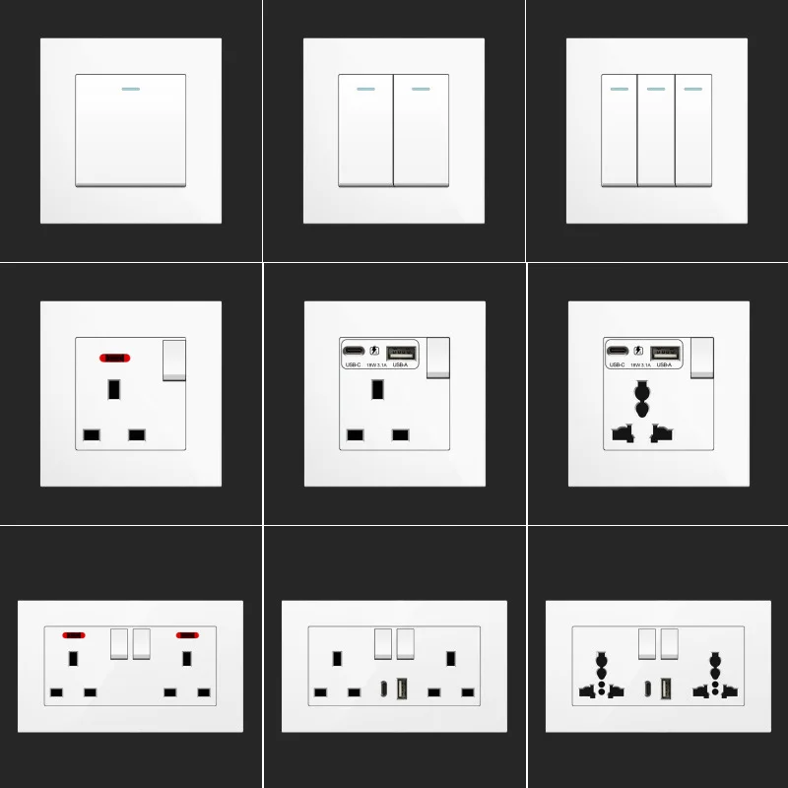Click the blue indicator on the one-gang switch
click(130, 88)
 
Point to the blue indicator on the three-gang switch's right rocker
click(692, 89)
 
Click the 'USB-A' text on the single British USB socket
click(400, 365)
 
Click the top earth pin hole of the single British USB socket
click(377, 389)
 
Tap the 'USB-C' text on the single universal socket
click(618, 365)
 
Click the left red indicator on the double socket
click(73, 635)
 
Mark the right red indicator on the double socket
click(186, 635)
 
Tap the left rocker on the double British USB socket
click(383, 643)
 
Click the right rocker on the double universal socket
click(670, 643)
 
